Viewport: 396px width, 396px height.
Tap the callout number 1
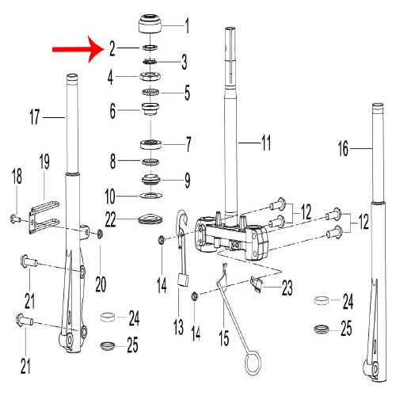(188, 26)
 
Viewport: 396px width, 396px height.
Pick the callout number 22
(112, 218)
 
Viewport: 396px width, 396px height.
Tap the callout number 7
(188, 145)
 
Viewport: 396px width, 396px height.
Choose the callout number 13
(179, 325)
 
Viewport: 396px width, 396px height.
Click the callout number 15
(224, 338)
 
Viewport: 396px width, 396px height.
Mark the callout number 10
(112, 195)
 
